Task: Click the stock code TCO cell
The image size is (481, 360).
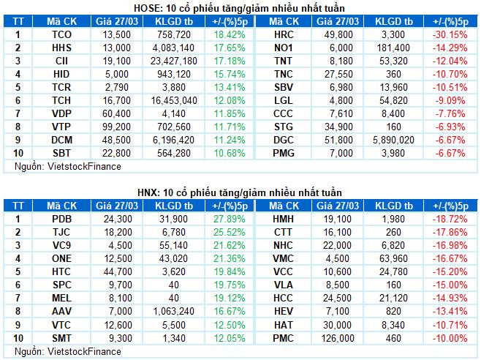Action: [62, 34]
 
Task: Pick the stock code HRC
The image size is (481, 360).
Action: [283, 34]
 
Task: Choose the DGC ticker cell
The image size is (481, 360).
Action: [283, 140]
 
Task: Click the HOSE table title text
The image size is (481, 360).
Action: [240, 7]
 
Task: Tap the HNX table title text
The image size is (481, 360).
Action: [240, 192]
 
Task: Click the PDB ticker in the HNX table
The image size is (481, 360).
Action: [62, 219]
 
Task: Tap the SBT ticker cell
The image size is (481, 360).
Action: [62, 152]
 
